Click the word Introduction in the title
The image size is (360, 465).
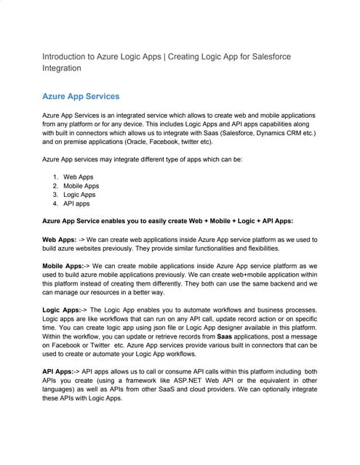[x=65, y=55]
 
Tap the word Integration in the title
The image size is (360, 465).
[x=62, y=68]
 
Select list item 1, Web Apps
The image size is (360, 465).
[x=78, y=177]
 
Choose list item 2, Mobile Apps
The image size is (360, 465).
[x=81, y=186]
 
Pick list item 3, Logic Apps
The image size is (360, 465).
[x=79, y=195]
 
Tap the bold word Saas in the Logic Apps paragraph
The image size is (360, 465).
[x=225, y=337]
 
